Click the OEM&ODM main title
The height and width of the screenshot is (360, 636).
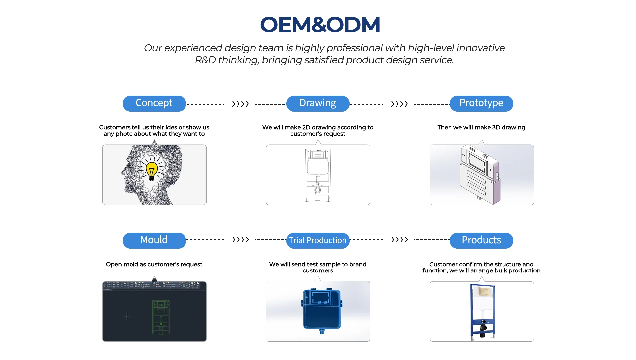pos(320,25)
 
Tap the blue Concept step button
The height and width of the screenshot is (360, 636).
pos(154,103)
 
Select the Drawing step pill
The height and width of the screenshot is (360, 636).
pos(318,103)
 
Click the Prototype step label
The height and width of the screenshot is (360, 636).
pos(481,103)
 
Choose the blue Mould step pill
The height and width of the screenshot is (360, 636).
pos(154,240)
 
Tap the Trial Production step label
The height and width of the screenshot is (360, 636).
pos(318,240)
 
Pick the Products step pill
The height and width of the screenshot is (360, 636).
pos(481,240)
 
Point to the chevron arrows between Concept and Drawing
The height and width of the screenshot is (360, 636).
pos(240,104)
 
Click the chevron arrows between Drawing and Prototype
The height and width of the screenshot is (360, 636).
pos(399,104)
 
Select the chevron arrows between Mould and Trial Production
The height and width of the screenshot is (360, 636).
pos(240,239)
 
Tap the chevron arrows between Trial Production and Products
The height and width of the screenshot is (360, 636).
pos(399,239)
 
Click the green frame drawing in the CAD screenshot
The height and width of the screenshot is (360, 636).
pos(161,317)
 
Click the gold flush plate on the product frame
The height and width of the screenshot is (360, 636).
pos(484,292)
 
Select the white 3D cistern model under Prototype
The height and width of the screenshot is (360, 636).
pos(480,174)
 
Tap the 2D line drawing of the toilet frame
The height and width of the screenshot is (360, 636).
pos(318,175)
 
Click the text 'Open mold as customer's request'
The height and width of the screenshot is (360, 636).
pos(154,264)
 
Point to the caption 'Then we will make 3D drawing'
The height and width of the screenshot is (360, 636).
pos(481,127)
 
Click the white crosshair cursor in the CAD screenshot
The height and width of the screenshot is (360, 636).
pos(127,316)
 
